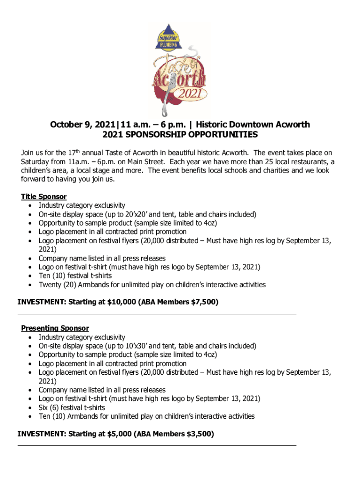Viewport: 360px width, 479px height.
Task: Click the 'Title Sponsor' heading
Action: click(x=44, y=196)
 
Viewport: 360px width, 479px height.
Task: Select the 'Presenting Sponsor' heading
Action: click(x=55, y=328)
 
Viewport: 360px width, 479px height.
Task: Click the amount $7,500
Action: click(x=204, y=302)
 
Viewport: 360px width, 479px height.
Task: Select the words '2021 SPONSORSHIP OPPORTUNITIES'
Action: click(x=180, y=135)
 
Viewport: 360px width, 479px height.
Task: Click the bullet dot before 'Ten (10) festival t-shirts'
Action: click(x=30, y=276)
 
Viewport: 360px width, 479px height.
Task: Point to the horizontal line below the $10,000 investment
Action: click(x=157, y=314)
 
